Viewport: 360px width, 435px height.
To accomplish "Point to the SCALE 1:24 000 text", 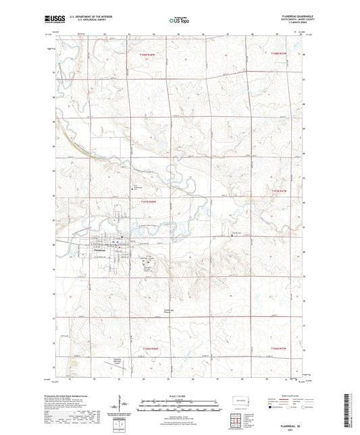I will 180,395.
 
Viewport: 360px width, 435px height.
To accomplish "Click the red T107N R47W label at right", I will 279,193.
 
